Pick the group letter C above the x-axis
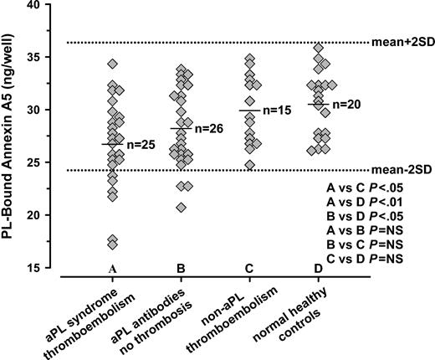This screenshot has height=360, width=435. click(250, 267)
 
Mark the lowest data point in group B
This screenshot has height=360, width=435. click(181, 207)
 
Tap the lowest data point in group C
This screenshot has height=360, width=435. click(250, 164)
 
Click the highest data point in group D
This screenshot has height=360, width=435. click(317, 48)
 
